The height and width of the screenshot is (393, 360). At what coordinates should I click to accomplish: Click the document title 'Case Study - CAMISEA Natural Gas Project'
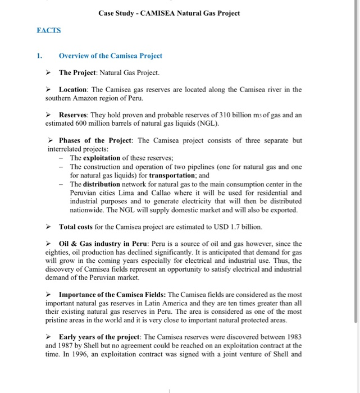(x=168, y=13)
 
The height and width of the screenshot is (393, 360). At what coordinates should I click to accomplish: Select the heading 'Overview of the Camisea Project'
(x=111, y=56)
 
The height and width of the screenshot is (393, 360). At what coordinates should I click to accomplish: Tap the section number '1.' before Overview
(x=39, y=56)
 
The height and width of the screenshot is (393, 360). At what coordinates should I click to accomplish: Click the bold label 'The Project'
(x=79, y=73)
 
